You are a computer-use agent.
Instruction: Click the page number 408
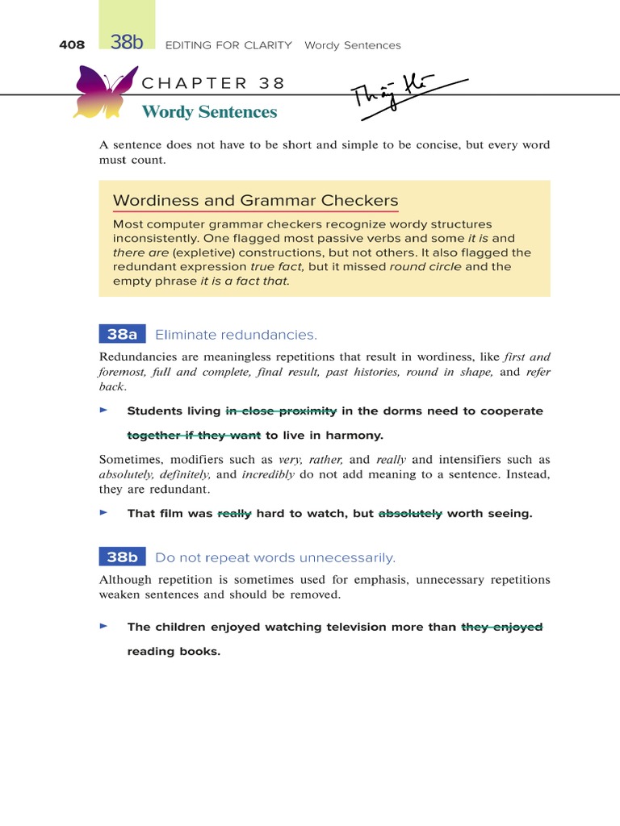pyautogui.click(x=72, y=45)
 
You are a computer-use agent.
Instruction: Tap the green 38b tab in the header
pyautogui.click(x=127, y=43)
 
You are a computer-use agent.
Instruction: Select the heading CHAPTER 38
pyautogui.click(x=213, y=83)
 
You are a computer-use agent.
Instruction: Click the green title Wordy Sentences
pyautogui.click(x=209, y=112)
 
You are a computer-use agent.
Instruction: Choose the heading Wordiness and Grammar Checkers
pyautogui.click(x=255, y=201)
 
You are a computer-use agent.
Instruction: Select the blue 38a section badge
pyautogui.click(x=122, y=335)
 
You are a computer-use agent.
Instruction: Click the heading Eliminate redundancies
pyautogui.click(x=236, y=335)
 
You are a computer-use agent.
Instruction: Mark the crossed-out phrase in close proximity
pyautogui.click(x=281, y=411)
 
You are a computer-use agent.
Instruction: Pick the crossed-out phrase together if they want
pyautogui.click(x=194, y=436)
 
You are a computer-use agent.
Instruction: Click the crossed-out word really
pyautogui.click(x=234, y=514)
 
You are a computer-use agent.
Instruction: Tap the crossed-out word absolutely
pyautogui.click(x=410, y=514)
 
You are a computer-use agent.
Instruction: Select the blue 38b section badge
pyautogui.click(x=122, y=557)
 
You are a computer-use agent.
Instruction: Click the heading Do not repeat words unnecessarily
pyautogui.click(x=274, y=557)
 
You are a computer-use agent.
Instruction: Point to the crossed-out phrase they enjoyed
pyautogui.click(x=501, y=627)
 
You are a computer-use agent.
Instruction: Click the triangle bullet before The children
pyautogui.click(x=103, y=626)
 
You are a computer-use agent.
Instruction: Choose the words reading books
pyautogui.click(x=174, y=651)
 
